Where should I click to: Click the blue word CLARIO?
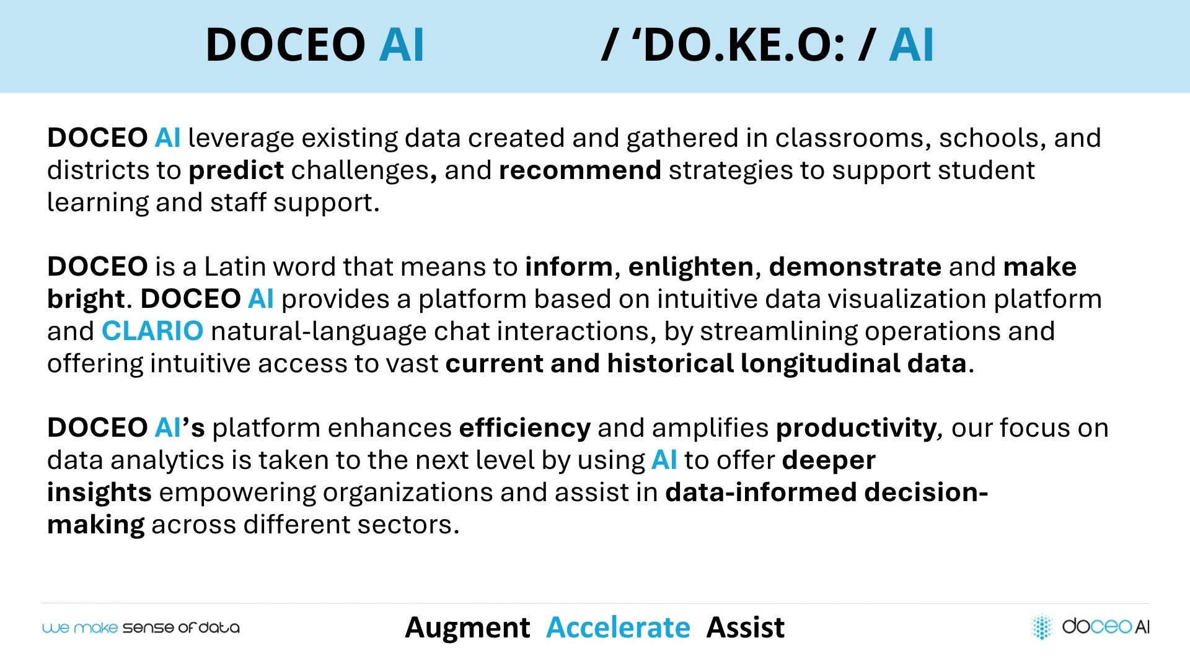coord(152,331)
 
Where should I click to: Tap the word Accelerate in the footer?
coord(618,627)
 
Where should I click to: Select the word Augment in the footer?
coord(467,628)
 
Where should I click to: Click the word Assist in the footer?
coord(746,627)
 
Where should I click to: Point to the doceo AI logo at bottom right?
coord(1090,626)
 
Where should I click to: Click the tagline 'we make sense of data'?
coord(141,627)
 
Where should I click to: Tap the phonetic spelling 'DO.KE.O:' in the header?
coord(738,45)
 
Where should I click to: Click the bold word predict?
coord(236,170)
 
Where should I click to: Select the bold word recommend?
coord(580,170)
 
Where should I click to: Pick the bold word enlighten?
coord(691,267)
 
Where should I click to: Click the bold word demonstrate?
coord(855,267)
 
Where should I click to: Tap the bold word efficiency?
coord(525,428)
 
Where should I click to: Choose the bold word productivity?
coord(857,428)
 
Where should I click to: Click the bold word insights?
coord(99,492)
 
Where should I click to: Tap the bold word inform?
coord(569,266)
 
